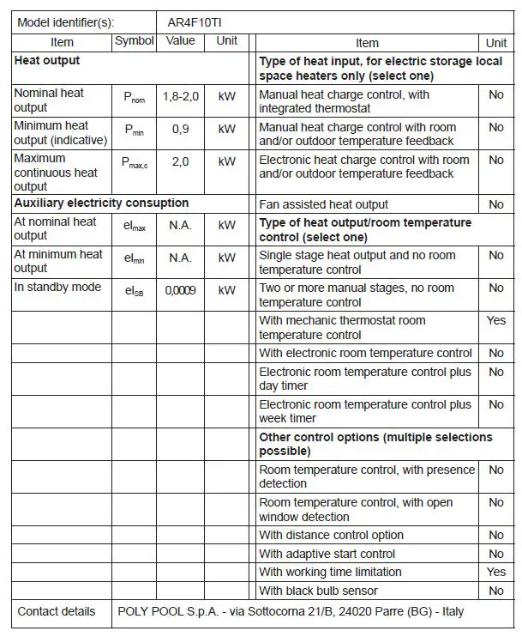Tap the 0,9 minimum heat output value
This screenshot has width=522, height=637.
click(180, 129)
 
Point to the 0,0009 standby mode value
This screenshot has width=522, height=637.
click(180, 291)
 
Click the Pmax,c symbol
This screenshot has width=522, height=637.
click(135, 162)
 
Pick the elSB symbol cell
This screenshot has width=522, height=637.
click(135, 291)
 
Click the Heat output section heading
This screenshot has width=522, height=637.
click(47, 61)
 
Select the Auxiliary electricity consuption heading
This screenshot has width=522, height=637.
click(101, 203)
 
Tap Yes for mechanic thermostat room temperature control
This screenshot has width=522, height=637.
click(495, 320)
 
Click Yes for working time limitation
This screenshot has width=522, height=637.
click(495, 572)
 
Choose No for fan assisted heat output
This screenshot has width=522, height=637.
click(495, 204)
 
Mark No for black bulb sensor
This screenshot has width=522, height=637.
click(495, 591)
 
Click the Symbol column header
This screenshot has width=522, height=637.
click(135, 41)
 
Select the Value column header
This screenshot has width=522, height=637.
click(180, 41)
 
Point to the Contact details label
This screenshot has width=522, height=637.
click(57, 611)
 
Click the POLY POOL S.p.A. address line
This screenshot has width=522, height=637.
click(290, 611)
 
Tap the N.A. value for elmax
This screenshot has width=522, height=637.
click(180, 226)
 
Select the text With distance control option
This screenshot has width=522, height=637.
click(331, 535)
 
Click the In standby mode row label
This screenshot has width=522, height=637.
click(57, 287)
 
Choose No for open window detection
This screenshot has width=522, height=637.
click(495, 503)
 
